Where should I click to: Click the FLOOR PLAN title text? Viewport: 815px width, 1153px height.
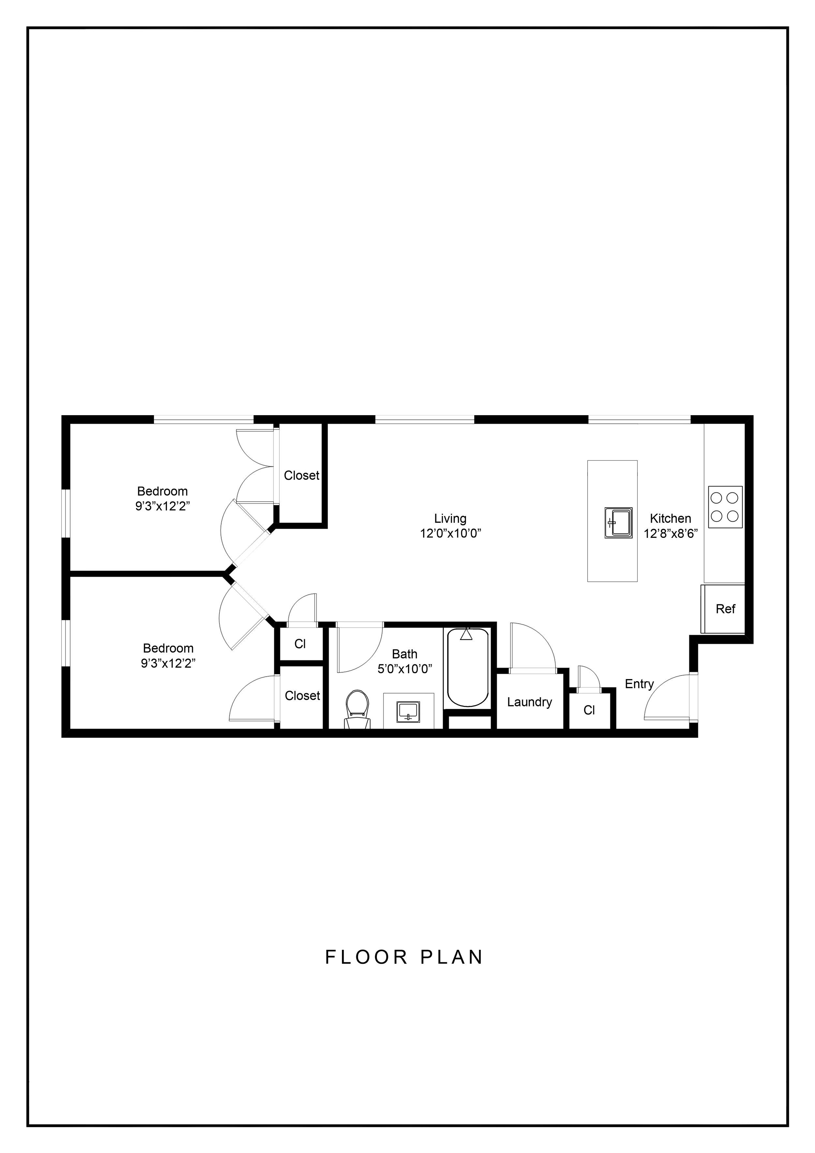click(404, 957)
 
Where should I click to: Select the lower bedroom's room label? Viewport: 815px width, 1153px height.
click(168, 655)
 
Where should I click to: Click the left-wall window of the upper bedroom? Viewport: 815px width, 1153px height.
click(66, 513)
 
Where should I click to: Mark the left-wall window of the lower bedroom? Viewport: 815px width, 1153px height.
click(66, 643)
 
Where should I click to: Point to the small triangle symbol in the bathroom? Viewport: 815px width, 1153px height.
click(467, 636)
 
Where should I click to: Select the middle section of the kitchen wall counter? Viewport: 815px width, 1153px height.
click(724, 507)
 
